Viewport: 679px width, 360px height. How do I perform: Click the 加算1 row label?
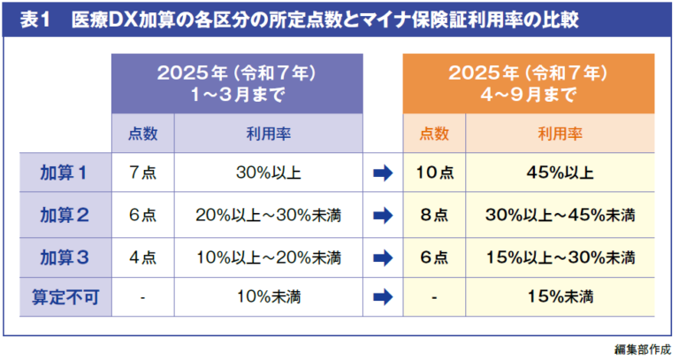(x=63, y=173)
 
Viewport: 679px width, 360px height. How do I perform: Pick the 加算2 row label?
(x=63, y=216)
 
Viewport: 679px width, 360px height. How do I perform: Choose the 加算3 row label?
(x=63, y=258)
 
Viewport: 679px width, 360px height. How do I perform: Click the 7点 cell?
(x=142, y=173)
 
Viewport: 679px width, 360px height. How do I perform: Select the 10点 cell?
(x=434, y=173)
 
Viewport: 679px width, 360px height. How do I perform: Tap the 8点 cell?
(x=434, y=216)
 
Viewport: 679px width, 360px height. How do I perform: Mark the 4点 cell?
(x=142, y=258)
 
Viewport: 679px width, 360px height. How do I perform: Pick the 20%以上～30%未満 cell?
(x=269, y=216)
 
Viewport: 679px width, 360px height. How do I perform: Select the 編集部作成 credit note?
(x=644, y=349)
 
